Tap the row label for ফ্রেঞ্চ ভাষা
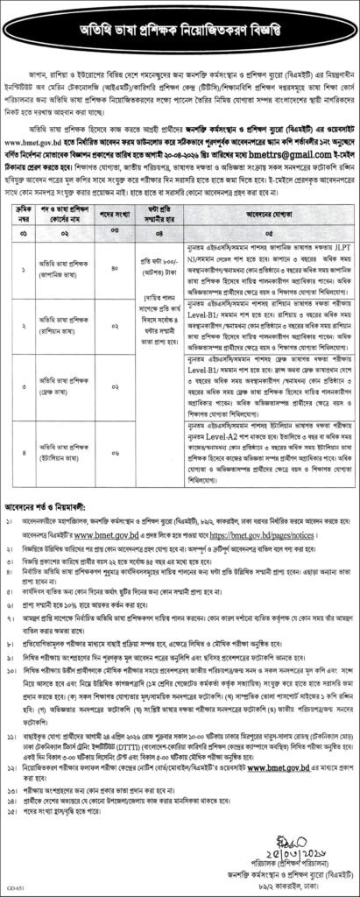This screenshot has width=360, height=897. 71,363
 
